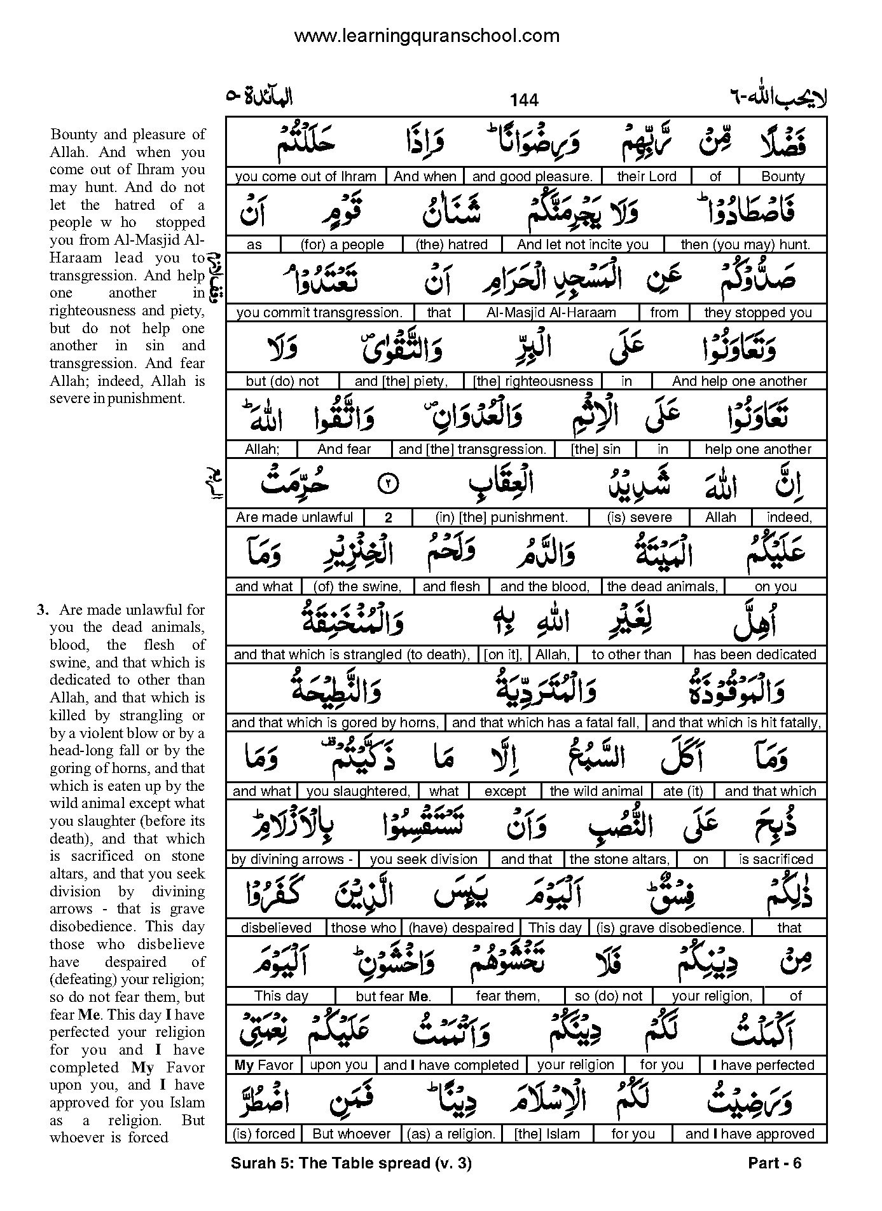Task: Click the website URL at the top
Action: [427, 36]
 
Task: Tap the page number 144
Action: [523, 100]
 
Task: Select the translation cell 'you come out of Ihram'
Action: [306, 177]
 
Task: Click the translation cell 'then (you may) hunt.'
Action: [745, 245]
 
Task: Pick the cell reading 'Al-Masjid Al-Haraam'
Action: [551, 313]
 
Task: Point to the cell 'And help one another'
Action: [739, 381]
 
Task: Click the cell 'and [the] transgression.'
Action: [472, 449]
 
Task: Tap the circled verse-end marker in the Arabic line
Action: [388, 484]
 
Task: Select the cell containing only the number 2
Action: [388, 517]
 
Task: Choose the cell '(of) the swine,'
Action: [357, 586]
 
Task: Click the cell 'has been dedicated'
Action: [754, 655]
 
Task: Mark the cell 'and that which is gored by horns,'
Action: [335, 723]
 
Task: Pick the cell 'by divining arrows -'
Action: [292, 859]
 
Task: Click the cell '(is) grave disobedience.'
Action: [670, 928]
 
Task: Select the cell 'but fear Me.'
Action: [393, 996]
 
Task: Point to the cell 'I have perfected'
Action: [763, 1065]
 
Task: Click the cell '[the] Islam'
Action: [547, 1133]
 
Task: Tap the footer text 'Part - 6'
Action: [775, 1163]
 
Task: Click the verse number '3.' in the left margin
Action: [43, 610]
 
